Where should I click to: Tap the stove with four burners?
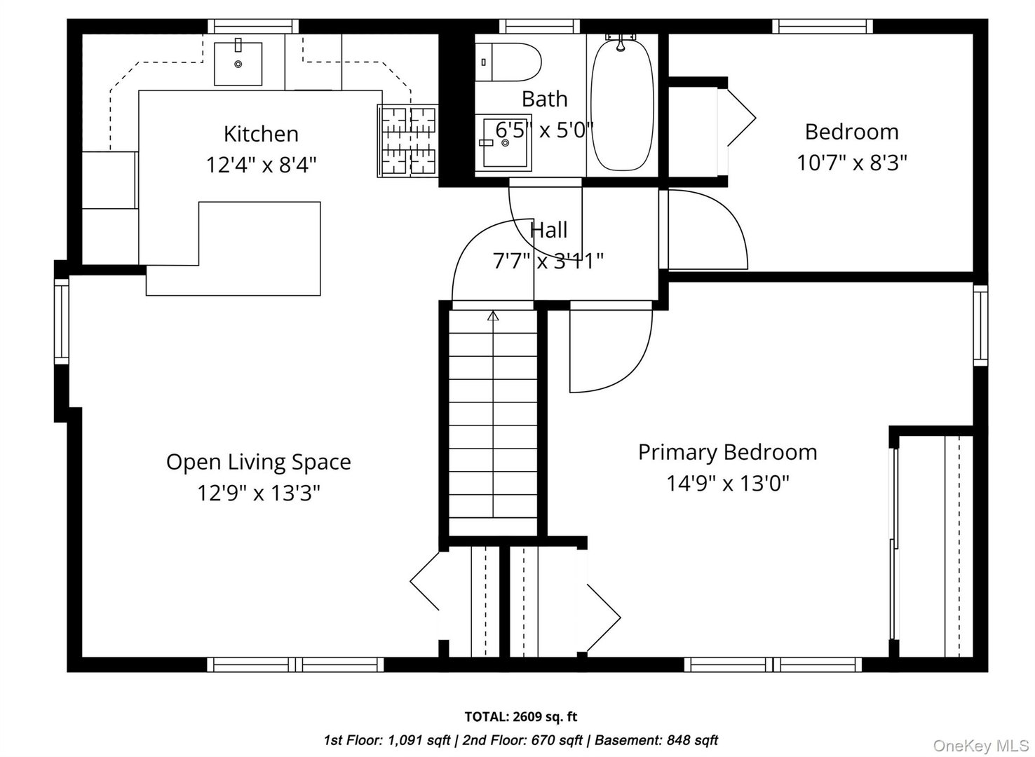407,141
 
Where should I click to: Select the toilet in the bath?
508,62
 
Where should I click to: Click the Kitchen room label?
261,134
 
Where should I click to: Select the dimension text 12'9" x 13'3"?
258,493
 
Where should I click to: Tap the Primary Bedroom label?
727,452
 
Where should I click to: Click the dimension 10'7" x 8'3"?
851,163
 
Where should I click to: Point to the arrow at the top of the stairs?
493,316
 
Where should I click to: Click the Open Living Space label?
258,462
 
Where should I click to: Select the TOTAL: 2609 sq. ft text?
520,716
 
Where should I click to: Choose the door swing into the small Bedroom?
705,228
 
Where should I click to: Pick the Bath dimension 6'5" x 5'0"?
544,130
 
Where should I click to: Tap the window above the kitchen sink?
253,27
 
